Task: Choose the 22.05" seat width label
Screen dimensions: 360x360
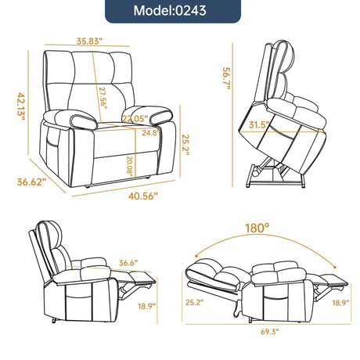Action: pos(137,119)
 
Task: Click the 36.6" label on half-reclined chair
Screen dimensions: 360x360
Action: pos(129,263)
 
